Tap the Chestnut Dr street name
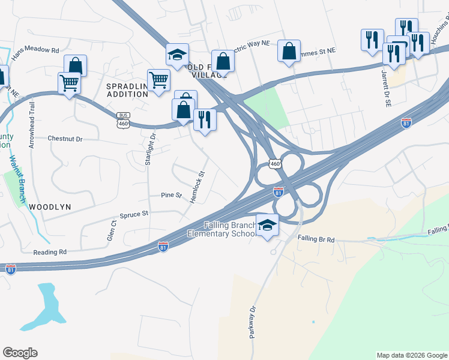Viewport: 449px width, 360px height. click(x=64, y=139)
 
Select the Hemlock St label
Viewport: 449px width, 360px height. click(x=198, y=187)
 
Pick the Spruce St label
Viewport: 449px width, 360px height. click(x=134, y=214)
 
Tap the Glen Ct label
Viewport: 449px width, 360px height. click(x=111, y=230)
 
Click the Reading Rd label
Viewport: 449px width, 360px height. click(x=49, y=253)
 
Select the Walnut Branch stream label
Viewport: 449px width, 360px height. click(x=16, y=180)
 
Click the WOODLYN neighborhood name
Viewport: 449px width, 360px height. click(x=50, y=206)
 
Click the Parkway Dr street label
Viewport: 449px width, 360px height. click(x=253, y=322)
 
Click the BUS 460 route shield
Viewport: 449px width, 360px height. click(x=124, y=120)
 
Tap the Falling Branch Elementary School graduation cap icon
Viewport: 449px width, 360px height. click(x=268, y=225)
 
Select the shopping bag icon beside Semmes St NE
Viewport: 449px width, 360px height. click(x=289, y=51)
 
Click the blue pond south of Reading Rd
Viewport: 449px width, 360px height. click(x=46, y=305)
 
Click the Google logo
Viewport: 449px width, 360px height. click(x=20, y=353)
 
